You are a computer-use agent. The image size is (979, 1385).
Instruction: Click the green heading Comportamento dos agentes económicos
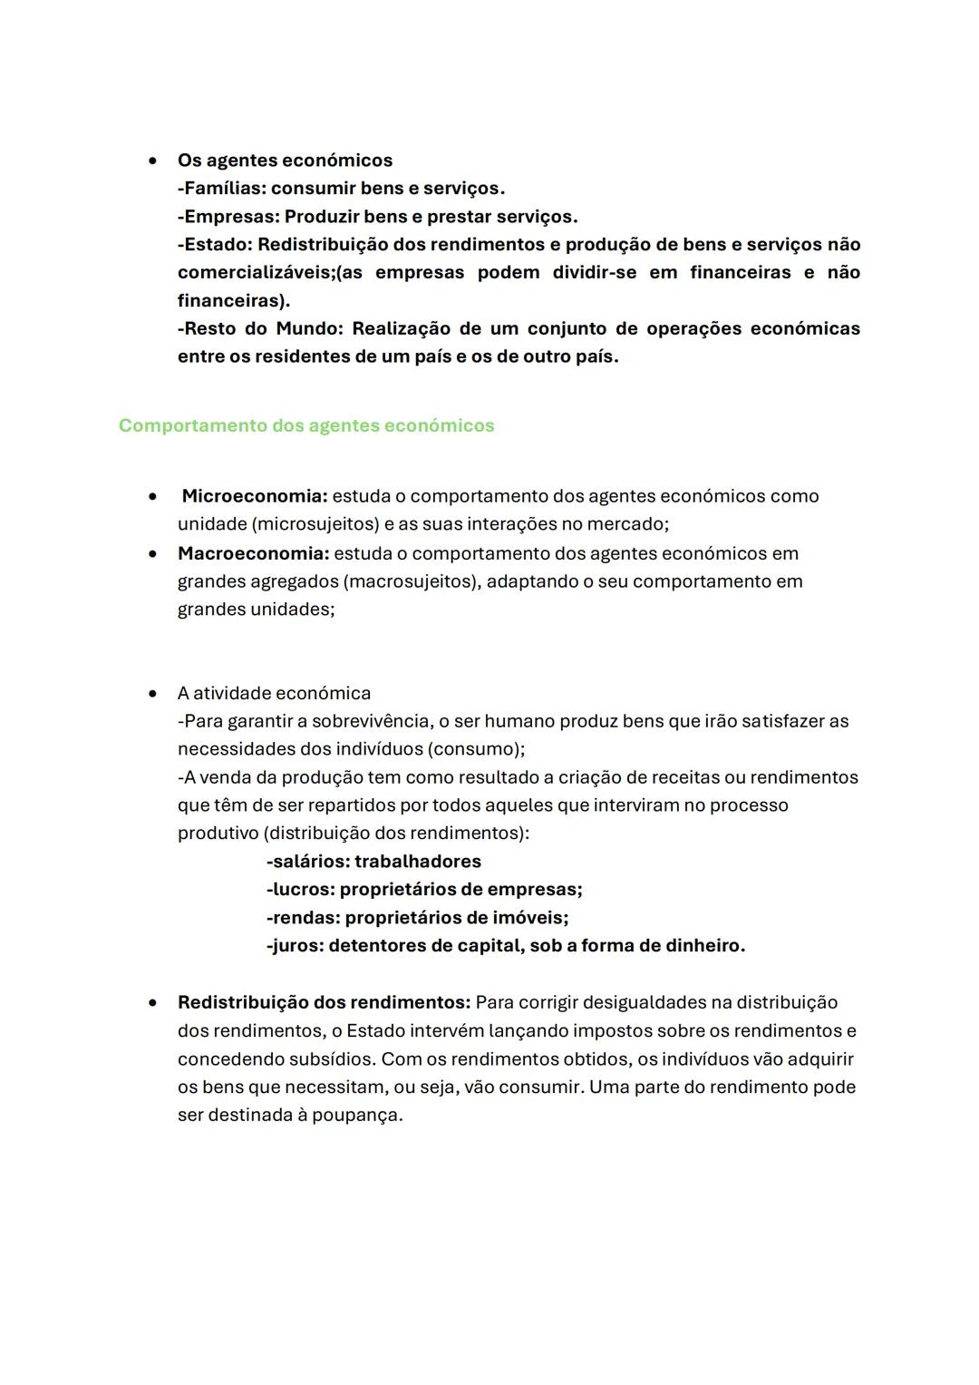(306, 425)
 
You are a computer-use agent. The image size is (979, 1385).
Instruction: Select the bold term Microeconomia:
(255, 496)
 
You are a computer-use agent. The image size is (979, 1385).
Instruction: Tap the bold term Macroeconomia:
(253, 553)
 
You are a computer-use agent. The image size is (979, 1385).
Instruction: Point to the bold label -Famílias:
(221, 189)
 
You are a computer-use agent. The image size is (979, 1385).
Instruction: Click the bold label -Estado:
(215, 245)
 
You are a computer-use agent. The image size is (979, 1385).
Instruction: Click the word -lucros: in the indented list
(300, 889)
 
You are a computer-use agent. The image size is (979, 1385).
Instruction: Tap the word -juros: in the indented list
(295, 945)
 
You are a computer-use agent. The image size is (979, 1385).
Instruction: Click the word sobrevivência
(371, 721)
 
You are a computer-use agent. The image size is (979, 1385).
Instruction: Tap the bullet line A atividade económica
(274, 693)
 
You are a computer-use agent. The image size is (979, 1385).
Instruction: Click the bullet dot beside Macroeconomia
(155, 553)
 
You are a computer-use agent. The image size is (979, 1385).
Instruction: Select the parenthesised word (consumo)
(475, 749)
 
